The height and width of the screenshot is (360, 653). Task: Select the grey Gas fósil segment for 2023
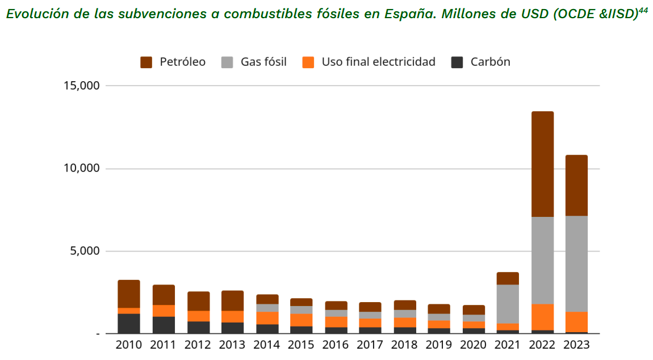(576, 264)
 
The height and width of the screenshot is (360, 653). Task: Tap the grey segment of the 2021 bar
(508, 304)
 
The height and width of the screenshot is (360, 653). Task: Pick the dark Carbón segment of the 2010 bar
(129, 323)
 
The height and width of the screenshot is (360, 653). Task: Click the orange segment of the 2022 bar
(542, 317)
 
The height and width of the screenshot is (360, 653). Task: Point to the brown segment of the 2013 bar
(232, 301)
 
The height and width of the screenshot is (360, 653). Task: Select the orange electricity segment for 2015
(301, 320)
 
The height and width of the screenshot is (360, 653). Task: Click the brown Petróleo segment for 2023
(576, 185)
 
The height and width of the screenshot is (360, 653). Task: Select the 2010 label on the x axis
(129, 345)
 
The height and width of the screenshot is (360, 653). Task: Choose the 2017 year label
(370, 345)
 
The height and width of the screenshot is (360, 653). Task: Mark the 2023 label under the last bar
(576, 345)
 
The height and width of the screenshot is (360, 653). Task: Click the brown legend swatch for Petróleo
(146, 62)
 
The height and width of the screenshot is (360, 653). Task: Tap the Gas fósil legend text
(263, 62)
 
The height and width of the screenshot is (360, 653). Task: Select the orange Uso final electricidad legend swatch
(308, 62)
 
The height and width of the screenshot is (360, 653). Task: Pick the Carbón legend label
(490, 62)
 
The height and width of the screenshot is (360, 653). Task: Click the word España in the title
(407, 14)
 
